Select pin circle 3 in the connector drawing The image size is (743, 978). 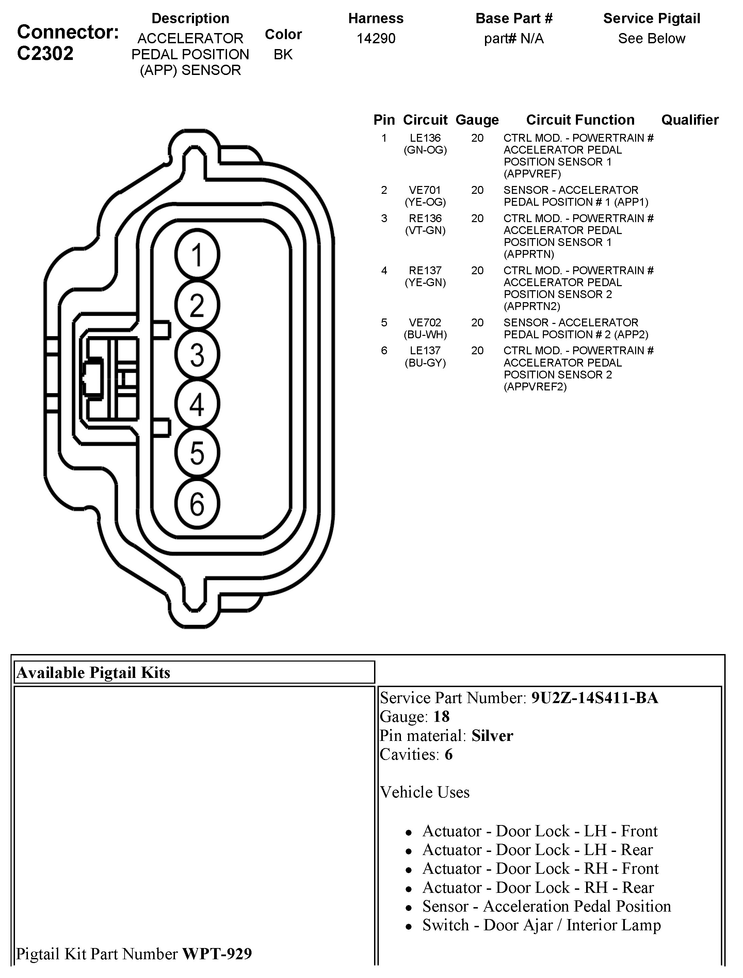197,355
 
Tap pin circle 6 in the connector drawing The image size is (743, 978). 197,504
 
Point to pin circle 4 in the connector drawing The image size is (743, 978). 197,404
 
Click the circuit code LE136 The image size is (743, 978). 425,138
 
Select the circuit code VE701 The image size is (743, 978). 425,190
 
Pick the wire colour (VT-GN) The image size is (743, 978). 425,231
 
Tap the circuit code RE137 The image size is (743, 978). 425,270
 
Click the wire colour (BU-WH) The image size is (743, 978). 425,335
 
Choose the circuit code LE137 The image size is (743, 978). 425,351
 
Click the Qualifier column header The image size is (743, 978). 690,120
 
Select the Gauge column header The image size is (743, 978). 477,120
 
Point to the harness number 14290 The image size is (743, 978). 376,39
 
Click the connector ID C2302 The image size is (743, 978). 45,53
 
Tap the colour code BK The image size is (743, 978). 283,55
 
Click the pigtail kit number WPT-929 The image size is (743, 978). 217,954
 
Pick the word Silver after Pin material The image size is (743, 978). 492,736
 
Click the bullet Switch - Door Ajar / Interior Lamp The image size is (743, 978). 541,925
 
